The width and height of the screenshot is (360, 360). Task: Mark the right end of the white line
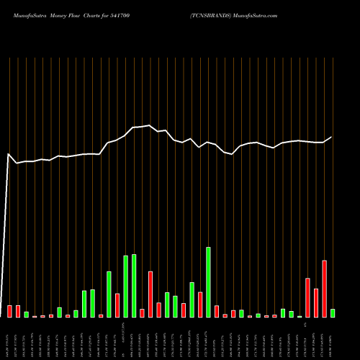[332, 137]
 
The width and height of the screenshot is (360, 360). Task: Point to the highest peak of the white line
[150, 125]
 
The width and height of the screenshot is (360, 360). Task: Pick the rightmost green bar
[333, 313]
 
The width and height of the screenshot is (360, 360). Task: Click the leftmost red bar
[9, 311]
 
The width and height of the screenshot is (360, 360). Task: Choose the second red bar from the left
[18, 311]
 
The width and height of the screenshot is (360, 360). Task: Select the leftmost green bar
[27, 315]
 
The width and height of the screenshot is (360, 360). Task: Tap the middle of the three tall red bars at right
[316, 302]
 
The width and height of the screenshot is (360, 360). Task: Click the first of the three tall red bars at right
[307, 297]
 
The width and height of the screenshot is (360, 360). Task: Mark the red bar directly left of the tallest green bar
[200, 305]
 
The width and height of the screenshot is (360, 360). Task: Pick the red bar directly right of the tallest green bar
[217, 311]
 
